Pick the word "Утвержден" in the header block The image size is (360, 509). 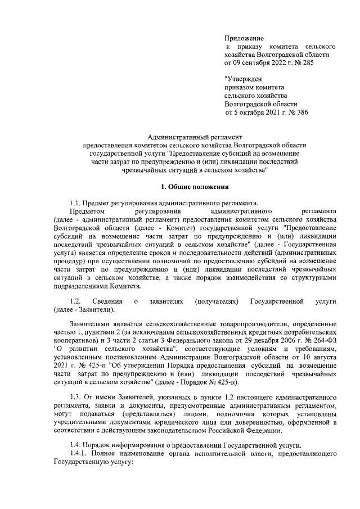coord(243,79)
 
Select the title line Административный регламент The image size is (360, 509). coord(194,137)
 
